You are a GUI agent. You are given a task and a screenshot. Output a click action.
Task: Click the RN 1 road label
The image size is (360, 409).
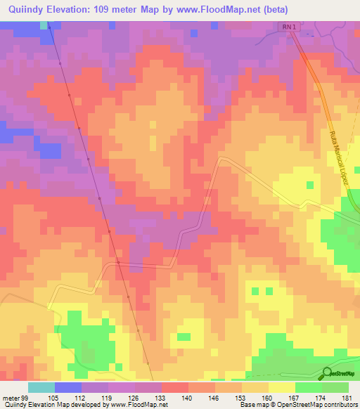[x=289, y=27]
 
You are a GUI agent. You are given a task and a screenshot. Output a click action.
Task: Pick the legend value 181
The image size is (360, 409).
[x=348, y=398]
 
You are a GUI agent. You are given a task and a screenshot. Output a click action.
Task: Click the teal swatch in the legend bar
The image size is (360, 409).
[x=41, y=387]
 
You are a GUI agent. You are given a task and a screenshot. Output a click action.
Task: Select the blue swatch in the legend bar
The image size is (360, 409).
[x=67, y=387]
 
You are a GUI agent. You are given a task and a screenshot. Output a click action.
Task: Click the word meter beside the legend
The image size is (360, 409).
[x=12, y=398]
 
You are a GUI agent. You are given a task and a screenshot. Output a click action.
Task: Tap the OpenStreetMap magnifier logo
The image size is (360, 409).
[x=327, y=373]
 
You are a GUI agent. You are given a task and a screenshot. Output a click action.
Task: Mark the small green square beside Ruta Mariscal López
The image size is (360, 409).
[x=309, y=185]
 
